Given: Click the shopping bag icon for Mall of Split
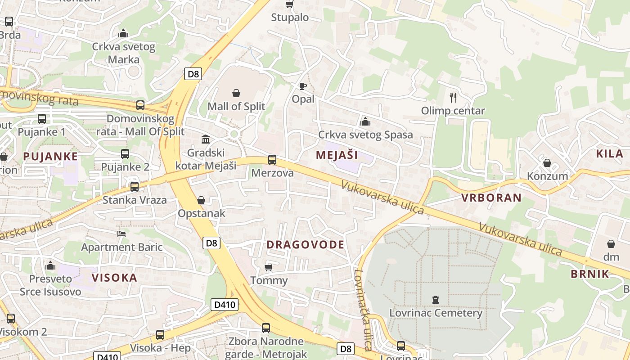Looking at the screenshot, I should coord(236,93).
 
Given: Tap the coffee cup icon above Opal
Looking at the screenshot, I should coord(303,85).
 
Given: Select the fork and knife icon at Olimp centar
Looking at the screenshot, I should coord(453,97).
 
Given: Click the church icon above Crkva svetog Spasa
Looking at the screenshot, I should coord(365,121).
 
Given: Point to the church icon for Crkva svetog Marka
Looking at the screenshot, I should coord(123,33).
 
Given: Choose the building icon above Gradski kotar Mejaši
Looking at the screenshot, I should coord(206,139).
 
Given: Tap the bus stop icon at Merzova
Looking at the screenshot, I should coord(272,160).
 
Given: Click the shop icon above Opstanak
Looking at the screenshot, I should coord(201,200).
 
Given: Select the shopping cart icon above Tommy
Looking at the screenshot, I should coord(269,267).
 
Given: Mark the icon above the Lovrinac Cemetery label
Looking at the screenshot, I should coord(435,299).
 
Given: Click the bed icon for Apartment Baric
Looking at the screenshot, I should coord(121,234).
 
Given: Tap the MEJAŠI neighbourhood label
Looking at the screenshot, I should coord(337,155).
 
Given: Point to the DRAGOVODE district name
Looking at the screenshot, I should coord(305,245).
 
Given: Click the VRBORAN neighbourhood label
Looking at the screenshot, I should coord(491,198).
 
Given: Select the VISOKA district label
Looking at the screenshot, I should coord(114,278).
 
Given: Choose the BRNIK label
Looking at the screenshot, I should coord(589,274).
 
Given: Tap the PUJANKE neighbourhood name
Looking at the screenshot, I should coord(50,157).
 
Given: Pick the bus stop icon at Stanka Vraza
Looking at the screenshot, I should coord(135,186).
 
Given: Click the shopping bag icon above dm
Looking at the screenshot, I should coord(611,244).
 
